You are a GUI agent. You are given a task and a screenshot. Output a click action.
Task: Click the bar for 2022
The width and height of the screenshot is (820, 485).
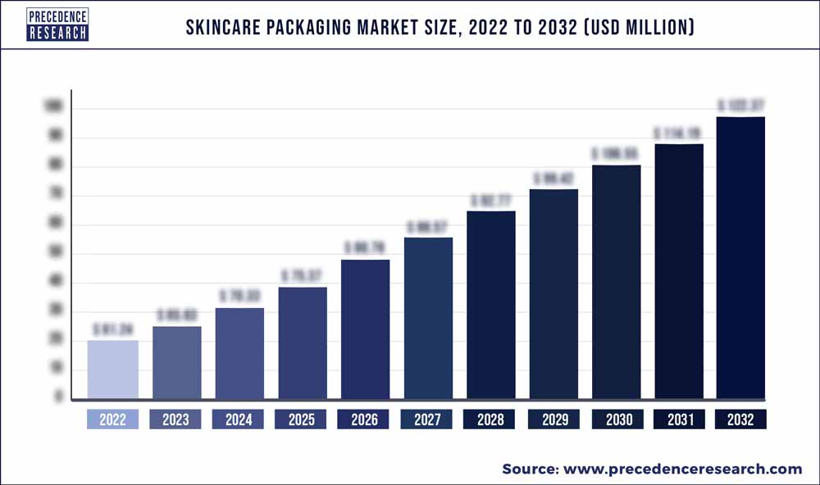coord(112,370)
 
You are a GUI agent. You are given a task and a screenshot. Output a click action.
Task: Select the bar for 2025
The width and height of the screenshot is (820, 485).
coord(302,344)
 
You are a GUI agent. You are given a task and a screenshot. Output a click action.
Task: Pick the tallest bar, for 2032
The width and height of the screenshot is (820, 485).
coord(741,259)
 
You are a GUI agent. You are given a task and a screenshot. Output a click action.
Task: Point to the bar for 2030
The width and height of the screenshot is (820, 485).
coord(616,283)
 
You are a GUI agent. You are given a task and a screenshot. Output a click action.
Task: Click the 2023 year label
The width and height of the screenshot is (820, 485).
coord(175,419)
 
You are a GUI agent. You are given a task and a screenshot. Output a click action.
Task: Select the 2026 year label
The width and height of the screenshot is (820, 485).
coord(364,419)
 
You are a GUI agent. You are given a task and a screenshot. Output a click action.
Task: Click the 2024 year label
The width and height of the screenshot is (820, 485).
coord(239,419)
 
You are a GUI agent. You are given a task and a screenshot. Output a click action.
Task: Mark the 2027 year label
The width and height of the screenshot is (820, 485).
coord(427,419)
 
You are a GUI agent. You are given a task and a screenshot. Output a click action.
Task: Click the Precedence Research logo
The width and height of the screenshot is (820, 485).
coord(57,25)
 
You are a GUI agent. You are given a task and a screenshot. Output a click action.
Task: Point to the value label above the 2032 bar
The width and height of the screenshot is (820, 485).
coord(741,106)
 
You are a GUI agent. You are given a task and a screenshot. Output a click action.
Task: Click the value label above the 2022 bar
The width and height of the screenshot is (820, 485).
coord(112,329)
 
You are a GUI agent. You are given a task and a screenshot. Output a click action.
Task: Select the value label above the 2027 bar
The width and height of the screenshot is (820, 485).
coord(427,226)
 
